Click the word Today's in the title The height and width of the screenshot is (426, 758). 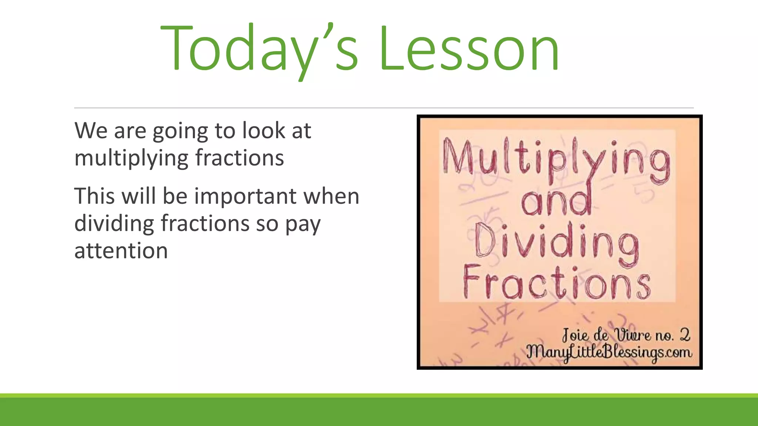pos(259,48)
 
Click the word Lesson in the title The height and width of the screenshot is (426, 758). pos(469,48)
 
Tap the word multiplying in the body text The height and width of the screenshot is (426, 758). pos(132,158)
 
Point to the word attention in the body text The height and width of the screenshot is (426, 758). pos(121,251)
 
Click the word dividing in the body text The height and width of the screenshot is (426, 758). pos(114,223)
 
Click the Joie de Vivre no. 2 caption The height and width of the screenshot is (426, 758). pos(625,335)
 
